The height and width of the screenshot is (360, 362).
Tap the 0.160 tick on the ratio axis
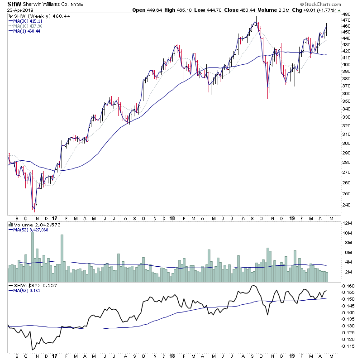pyautogui.click(x=349, y=286)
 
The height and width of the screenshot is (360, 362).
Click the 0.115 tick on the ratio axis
pyautogui.click(x=349, y=346)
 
